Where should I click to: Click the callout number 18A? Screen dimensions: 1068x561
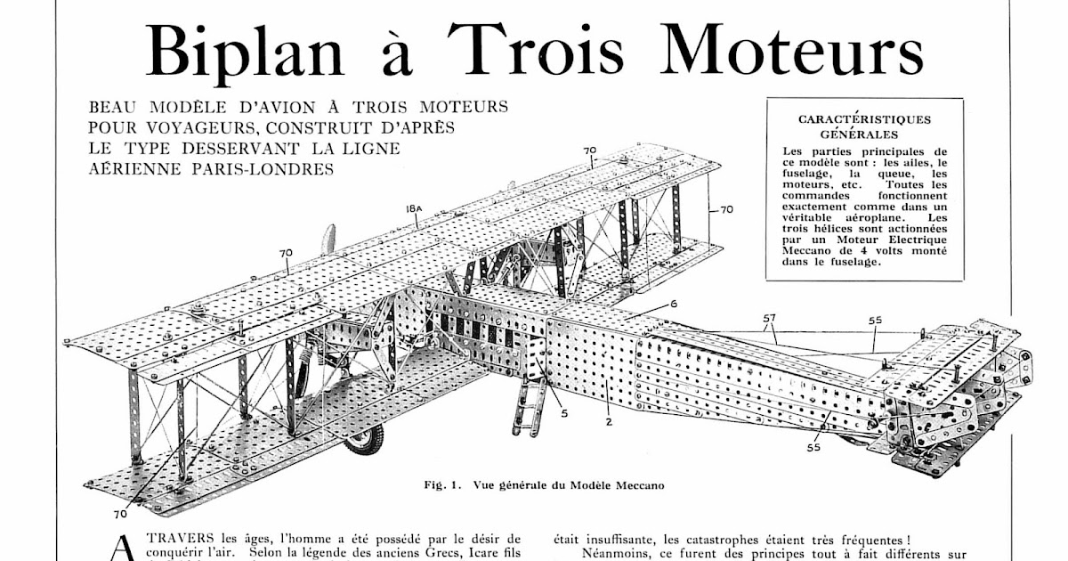click(x=413, y=208)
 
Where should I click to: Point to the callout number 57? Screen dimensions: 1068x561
click(x=769, y=316)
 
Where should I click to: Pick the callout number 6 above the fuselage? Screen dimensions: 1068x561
click(x=674, y=304)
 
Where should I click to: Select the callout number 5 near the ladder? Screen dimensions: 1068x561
click(x=564, y=413)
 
